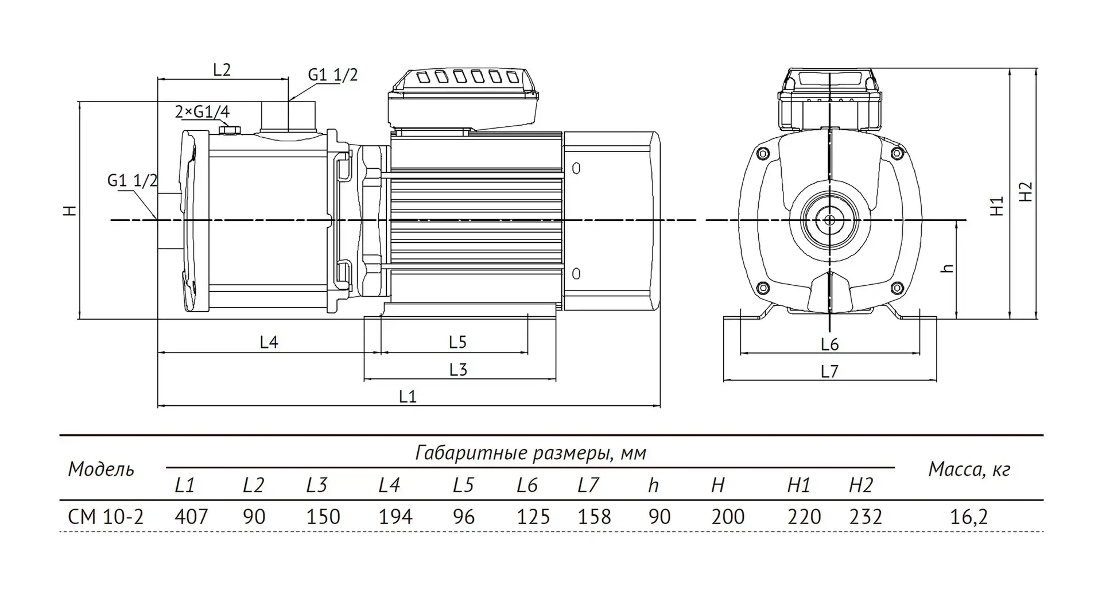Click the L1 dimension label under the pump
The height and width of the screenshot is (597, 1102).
pos(408,396)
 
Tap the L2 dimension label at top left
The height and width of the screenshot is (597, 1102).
pos(222,70)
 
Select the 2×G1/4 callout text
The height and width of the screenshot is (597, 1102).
pos(202,112)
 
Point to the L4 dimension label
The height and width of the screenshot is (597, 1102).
pos(269,342)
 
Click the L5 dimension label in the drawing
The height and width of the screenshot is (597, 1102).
pos(457,342)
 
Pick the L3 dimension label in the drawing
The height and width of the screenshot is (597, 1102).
pos(458,369)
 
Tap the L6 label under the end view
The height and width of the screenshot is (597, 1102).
pos(829,344)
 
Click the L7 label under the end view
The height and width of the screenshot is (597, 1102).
pos(829,371)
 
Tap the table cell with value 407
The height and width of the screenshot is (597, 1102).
pos(191,517)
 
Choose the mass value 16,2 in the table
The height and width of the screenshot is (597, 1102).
pos(969,517)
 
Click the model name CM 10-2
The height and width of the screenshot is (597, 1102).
pos(106,517)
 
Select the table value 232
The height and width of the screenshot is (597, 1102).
pos(865,517)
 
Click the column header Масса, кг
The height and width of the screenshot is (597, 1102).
pos(969,470)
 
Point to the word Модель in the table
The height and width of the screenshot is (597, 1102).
pos(101,470)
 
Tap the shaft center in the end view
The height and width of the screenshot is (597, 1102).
pos(829,220)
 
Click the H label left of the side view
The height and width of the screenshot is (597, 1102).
pos(70,210)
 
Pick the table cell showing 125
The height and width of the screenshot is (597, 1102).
pos(533,517)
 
